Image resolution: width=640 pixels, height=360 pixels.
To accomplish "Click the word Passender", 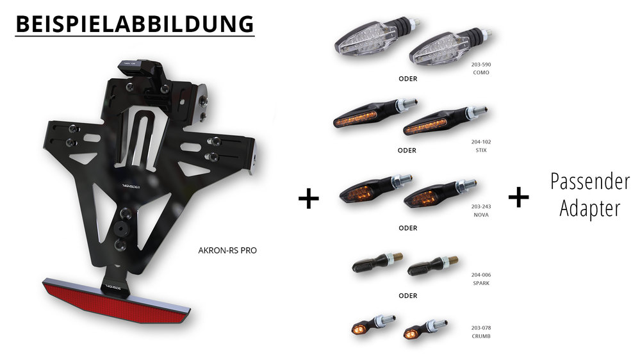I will coord(590,183).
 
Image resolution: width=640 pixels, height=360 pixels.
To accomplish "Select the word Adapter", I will coord(590,208).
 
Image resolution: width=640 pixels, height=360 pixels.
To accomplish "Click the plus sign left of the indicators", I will coord(309,199).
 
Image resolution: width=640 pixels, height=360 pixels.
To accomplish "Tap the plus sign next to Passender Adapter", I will coord(518,197).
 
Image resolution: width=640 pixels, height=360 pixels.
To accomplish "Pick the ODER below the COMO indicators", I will coord(407,79).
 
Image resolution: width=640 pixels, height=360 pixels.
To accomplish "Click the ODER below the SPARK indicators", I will coord(407,296).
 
